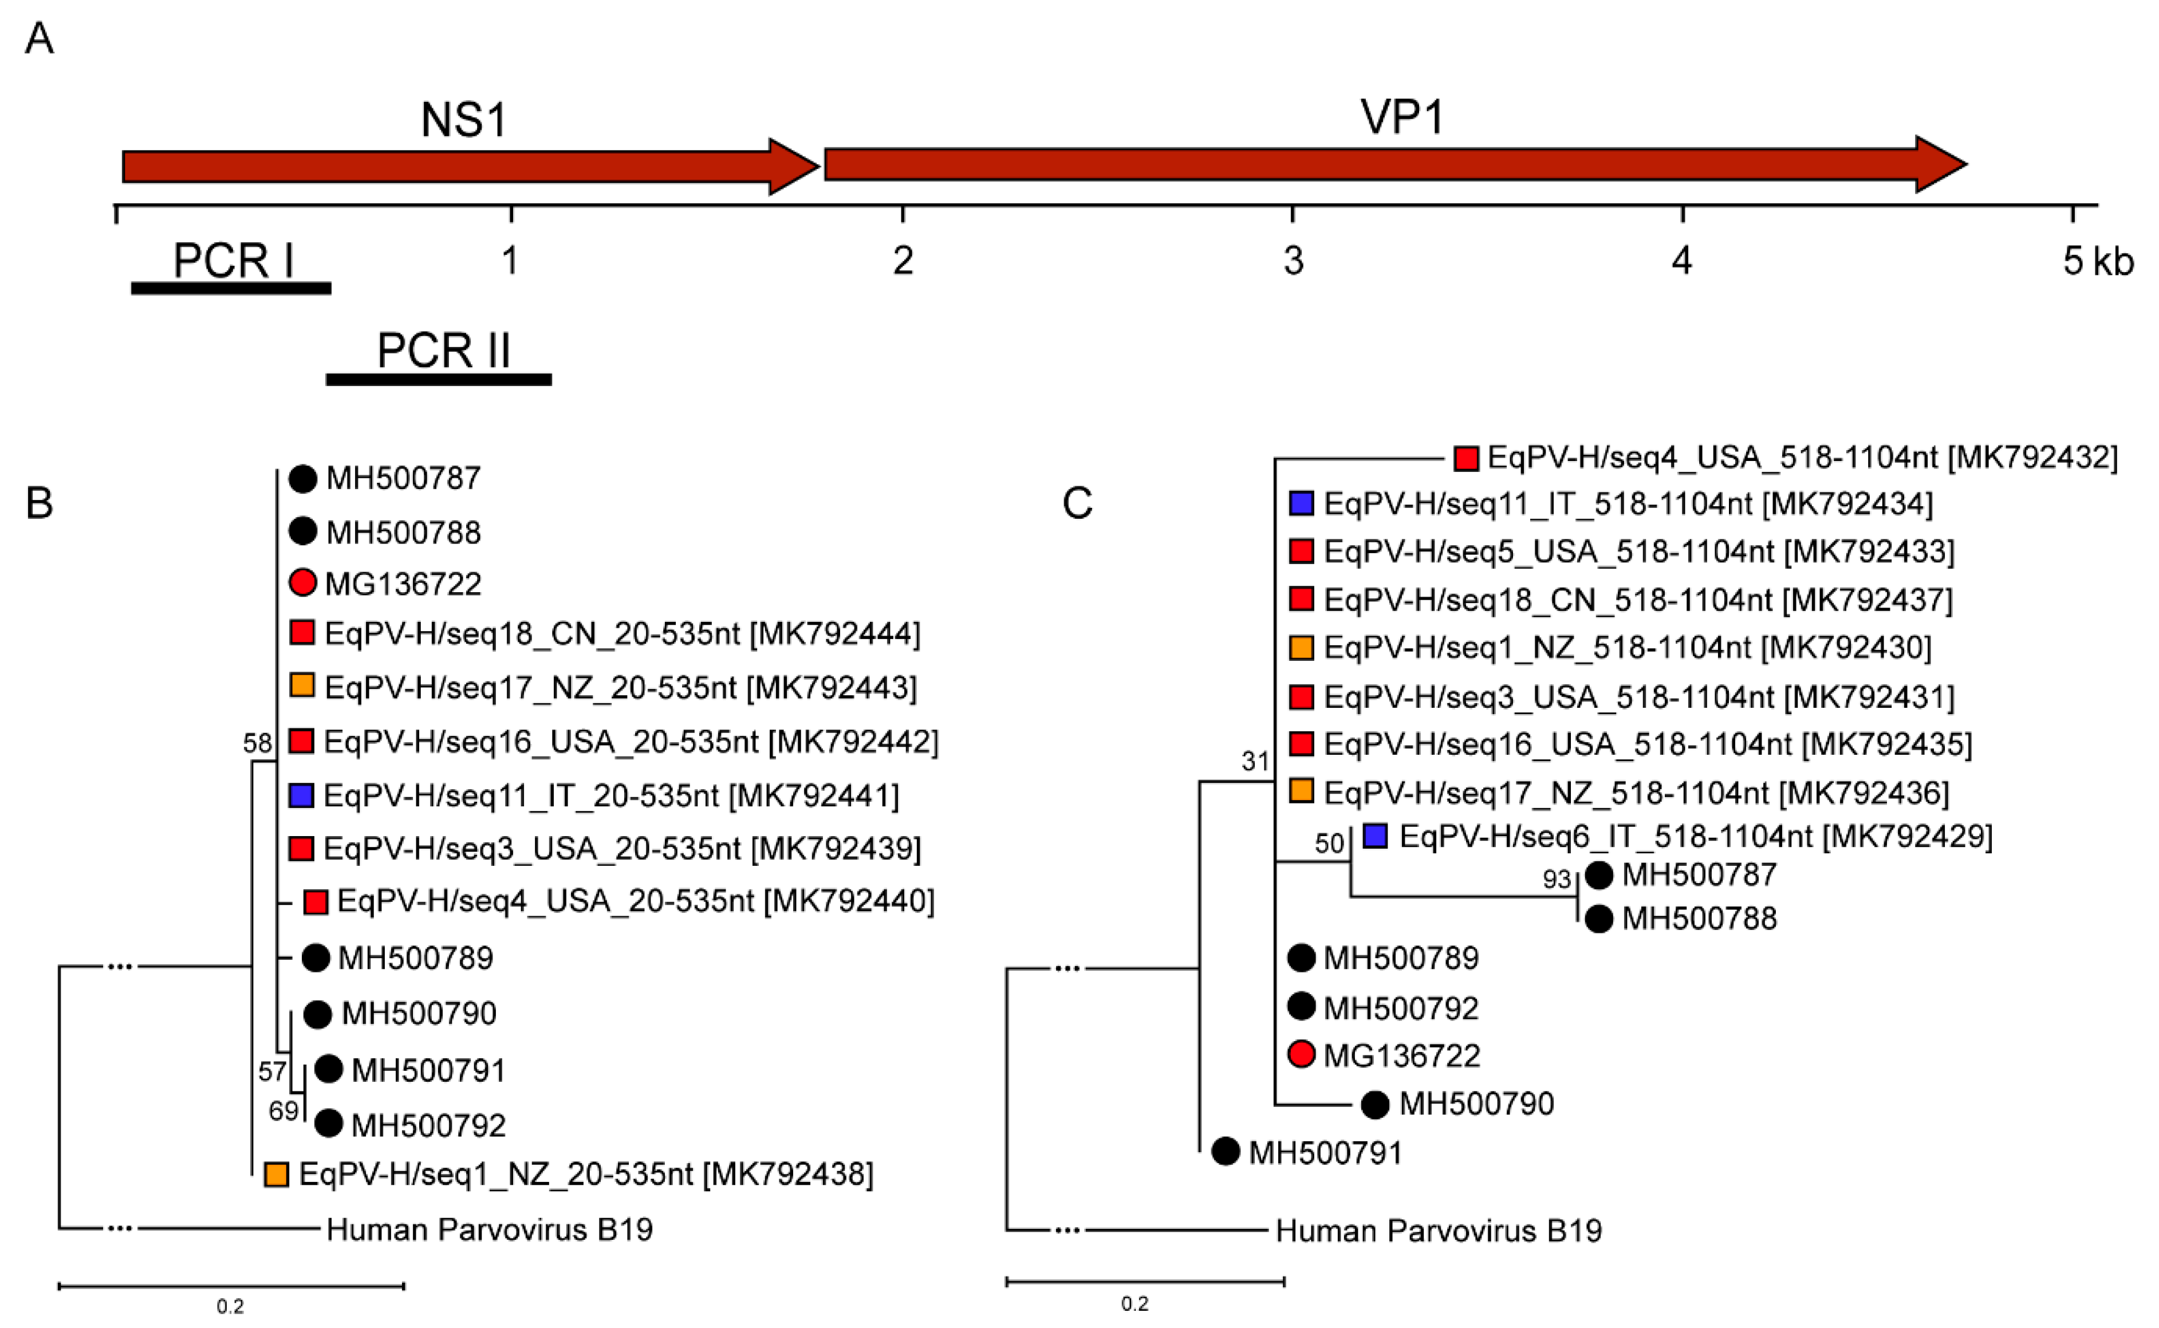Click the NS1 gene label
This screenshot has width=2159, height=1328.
tap(464, 120)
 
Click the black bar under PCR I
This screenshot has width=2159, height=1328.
tap(231, 288)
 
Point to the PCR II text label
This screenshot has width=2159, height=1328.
tap(444, 350)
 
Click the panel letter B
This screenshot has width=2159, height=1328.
tap(40, 503)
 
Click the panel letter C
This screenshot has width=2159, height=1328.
tap(1077, 503)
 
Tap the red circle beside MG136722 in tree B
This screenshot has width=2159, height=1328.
tap(302, 582)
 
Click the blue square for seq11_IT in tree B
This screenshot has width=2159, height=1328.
tap(301, 796)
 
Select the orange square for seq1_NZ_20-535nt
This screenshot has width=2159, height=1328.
tap(277, 1175)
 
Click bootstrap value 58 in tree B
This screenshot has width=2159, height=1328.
tap(257, 743)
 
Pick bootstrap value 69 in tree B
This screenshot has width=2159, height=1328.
tap(283, 1111)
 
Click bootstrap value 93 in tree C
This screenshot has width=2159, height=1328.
tap(1557, 878)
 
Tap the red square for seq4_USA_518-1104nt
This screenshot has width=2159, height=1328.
tap(1465, 458)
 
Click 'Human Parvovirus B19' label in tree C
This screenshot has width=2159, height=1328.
tap(1438, 1231)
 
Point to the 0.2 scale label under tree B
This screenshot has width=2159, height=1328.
tap(230, 1307)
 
